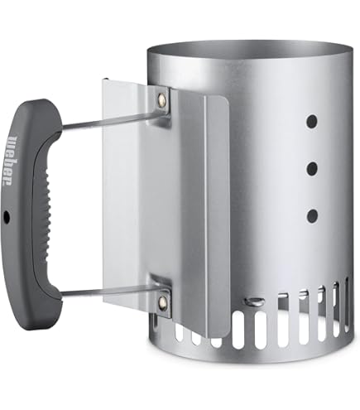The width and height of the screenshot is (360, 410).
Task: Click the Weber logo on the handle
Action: [11, 160]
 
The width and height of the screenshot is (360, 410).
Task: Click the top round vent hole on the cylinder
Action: [312, 122]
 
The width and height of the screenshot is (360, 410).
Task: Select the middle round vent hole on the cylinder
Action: [312, 169]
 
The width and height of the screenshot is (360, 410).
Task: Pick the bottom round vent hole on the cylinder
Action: [312, 216]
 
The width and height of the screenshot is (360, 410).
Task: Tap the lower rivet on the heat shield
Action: [161, 303]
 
